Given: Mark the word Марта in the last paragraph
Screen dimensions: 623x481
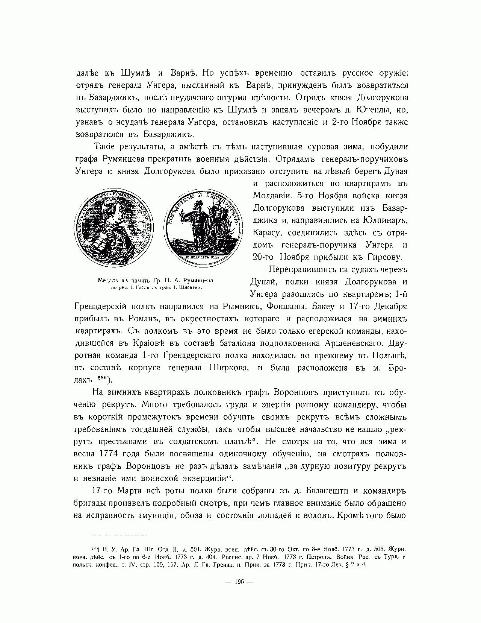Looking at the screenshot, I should pos(135,491).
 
